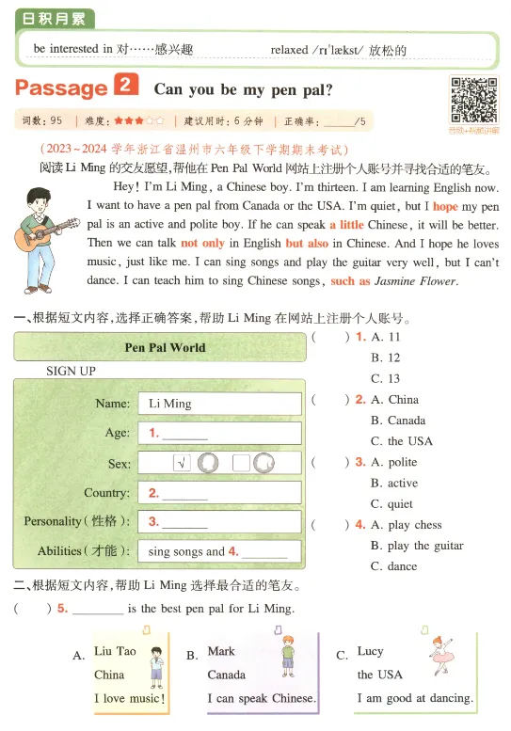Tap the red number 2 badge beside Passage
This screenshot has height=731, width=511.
pyautogui.click(x=126, y=87)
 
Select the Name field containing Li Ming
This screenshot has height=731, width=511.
pyautogui.click(x=219, y=403)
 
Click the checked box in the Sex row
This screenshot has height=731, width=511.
pyautogui.click(x=183, y=463)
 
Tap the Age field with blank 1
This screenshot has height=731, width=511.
pyautogui.click(x=219, y=433)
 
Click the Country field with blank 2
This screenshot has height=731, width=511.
pyautogui.click(x=219, y=492)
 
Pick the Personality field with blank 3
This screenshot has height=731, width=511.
pyautogui.click(x=219, y=521)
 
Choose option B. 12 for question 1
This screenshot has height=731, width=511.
pyautogui.click(x=385, y=358)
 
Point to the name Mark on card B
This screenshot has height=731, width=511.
pyautogui.click(x=221, y=651)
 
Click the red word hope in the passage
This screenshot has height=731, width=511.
pyautogui.click(x=445, y=206)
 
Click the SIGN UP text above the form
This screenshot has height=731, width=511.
pyautogui.click(x=71, y=372)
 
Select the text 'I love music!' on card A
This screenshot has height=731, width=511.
pyautogui.click(x=130, y=699)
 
